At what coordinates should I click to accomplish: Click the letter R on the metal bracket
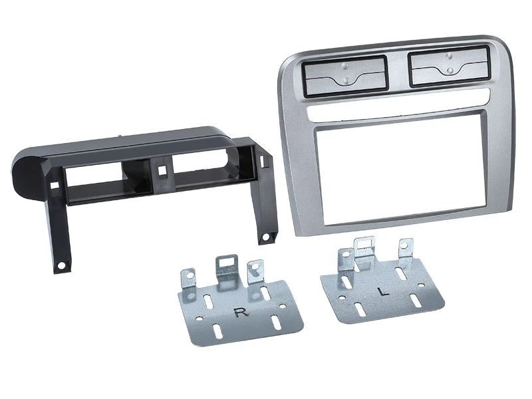point(241,313)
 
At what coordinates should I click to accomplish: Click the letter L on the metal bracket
point(384,291)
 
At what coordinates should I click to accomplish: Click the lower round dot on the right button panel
point(450,70)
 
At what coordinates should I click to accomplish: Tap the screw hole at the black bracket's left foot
point(61,265)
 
